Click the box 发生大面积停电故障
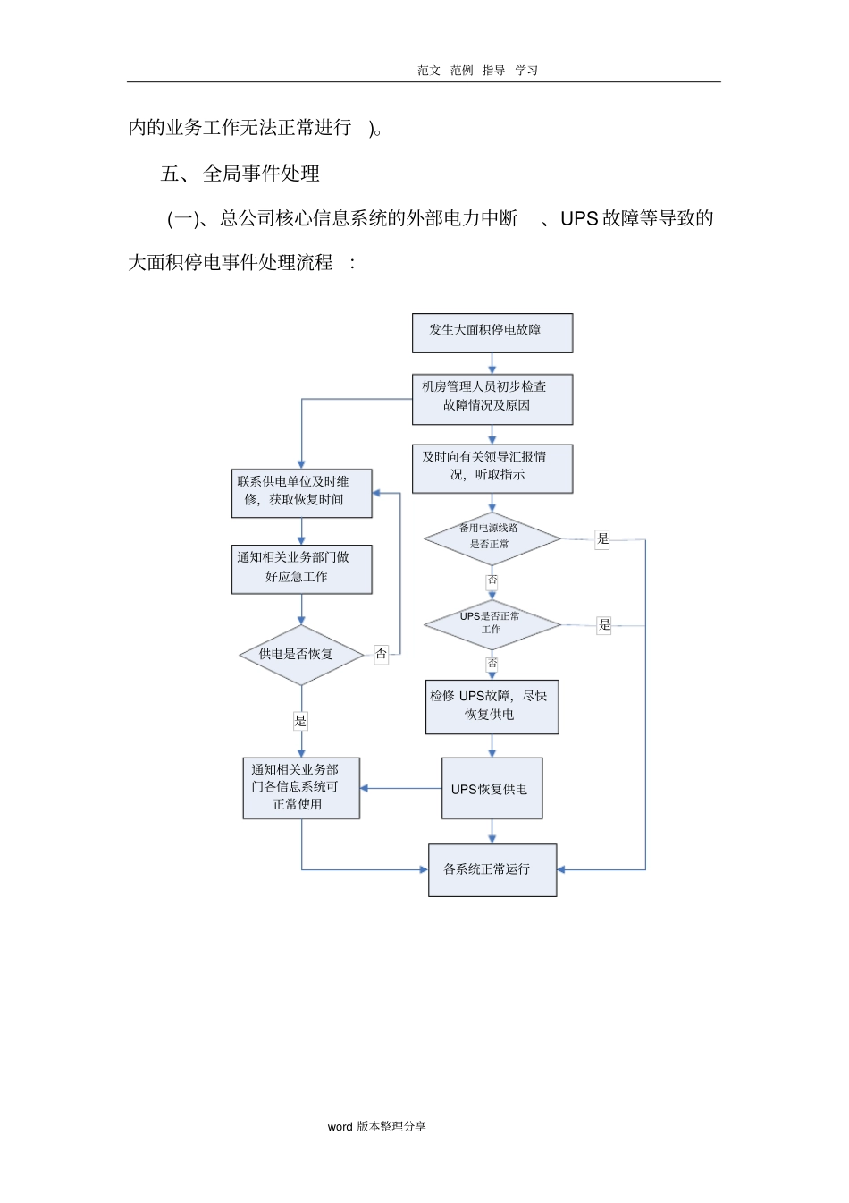pyautogui.click(x=492, y=333)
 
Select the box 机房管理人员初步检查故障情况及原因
pyautogui.click(x=492, y=399)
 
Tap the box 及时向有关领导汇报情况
pyautogui.click(x=492, y=469)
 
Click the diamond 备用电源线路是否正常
pyautogui.click(x=492, y=538)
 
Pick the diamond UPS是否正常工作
pyautogui.click(x=492, y=624)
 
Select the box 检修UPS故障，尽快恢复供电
pyautogui.click(x=492, y=707)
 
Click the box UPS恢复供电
pyautogui.click(x=492, y=789)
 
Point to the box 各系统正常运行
pyautogui.click(x=492, y=869)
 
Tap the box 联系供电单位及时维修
pyautogui.click(x=301, y=493)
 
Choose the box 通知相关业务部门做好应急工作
pyautogui.click(x=301, y=569)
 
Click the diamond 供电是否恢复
pyautogui.click(x=301, y=655)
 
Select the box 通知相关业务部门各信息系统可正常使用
pyautogui.click(x=301, y=788)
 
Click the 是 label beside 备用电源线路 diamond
pyautogui.click(x=603, y=539)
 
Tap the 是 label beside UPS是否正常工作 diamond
pyautogui.click(x=604, y=625)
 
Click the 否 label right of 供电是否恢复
pyautogui.click(x=382, y=654)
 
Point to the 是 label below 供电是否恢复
pyautogui.click(x=301, y=721)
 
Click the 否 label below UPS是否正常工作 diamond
pyautogui.click(x=492, y=664)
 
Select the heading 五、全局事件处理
pyautogui.click(x=240, y=174)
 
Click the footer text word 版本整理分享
pyautogui.click(x=376, y=1127)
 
